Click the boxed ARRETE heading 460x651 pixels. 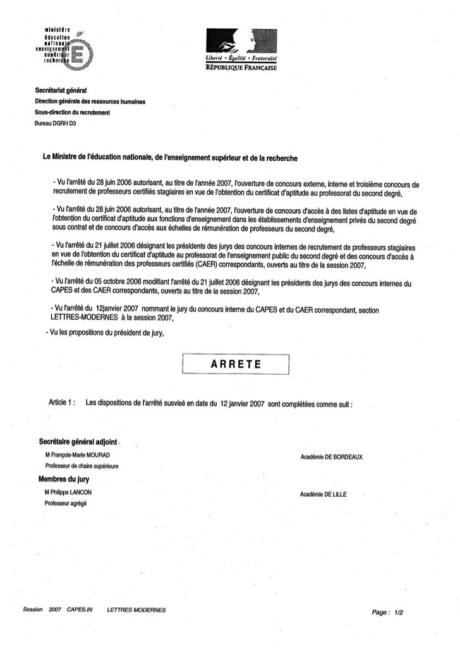click(x=235, y=365)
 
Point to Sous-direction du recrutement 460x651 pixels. click(x=73, y=112)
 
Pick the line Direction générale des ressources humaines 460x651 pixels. click(x=90, y=102)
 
